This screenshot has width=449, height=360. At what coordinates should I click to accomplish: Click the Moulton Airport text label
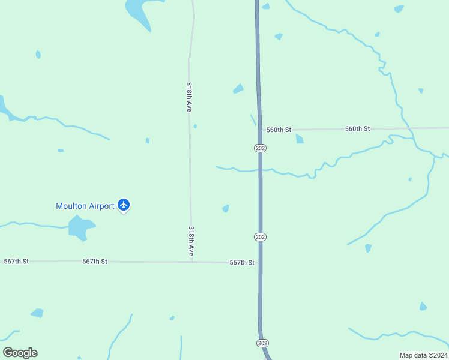(85, 206)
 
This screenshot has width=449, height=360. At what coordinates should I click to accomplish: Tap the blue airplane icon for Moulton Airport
(124, 205)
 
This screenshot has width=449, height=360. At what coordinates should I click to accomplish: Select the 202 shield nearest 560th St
(259, 148)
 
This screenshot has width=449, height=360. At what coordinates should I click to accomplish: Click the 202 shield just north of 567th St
(260, 237)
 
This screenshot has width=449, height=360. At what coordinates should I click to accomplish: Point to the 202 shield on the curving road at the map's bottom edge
(262, 343)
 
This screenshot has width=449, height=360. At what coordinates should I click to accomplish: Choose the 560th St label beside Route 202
(279, 130)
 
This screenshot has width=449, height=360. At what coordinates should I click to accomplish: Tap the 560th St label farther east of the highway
(358, 129)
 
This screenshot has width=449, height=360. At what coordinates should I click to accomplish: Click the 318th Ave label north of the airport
(189, 97)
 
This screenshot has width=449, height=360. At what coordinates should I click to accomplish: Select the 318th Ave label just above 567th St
(191, 241)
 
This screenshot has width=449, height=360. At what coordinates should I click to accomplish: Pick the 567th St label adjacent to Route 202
(242, 263)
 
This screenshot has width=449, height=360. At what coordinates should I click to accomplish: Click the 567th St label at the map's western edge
(16, 261)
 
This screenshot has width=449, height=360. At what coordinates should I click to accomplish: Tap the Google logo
(20, 353)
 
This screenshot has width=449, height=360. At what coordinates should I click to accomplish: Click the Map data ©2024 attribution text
(423, 355)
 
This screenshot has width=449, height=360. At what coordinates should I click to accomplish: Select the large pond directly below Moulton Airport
(80, 227)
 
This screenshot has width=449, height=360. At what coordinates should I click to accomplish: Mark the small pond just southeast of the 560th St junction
(300, 139)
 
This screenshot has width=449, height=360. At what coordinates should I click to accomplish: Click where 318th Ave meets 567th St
(191, 262)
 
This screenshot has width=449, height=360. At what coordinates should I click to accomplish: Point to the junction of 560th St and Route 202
(260, 130)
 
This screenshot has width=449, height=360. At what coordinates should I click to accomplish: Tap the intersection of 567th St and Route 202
(260, 263)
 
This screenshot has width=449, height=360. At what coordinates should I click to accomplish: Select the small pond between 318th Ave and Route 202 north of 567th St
(226, 208)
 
